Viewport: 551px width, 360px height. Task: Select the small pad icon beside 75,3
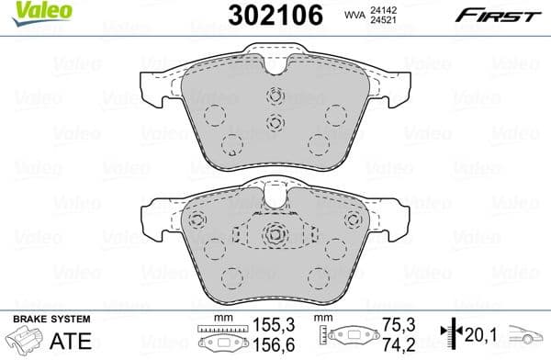click(x=344, y=336)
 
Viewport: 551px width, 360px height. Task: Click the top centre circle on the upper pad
click(x=273, y=96)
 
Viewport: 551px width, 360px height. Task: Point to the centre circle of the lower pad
click(x=273, y=235)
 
